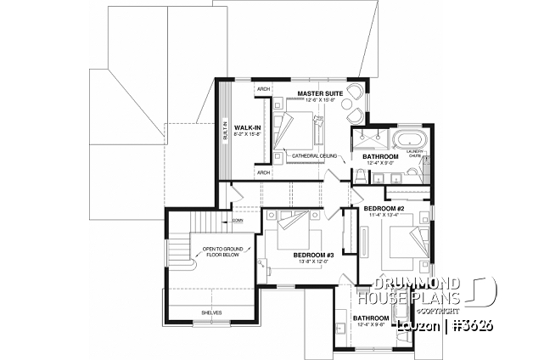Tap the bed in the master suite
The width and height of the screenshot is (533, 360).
296,132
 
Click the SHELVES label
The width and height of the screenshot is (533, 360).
211,312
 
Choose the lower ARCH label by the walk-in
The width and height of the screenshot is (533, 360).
263,172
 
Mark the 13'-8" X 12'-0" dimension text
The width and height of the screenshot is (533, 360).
313,261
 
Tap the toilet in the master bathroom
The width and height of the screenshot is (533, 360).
360,175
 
